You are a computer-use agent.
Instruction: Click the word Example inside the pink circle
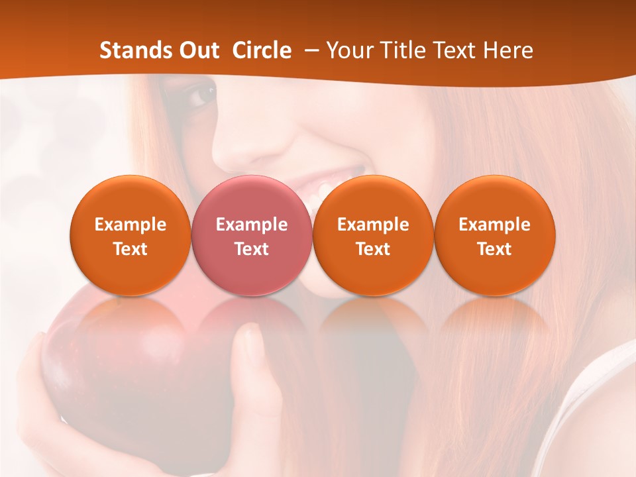point(252,225)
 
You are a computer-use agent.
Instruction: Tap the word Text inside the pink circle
point(252,249)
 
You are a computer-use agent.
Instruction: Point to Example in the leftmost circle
point(131,225)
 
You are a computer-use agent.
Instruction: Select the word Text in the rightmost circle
point(495,249)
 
